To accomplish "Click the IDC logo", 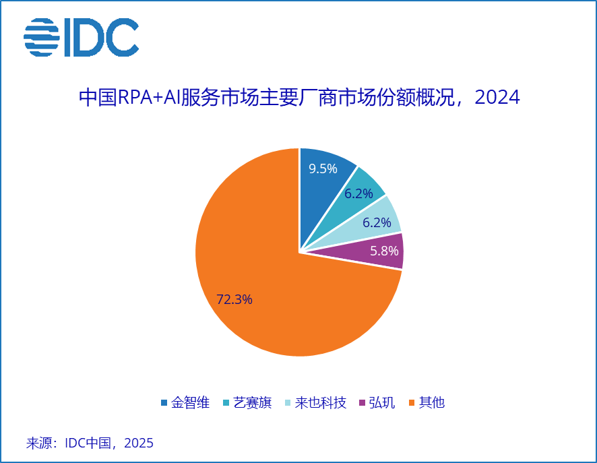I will [81, 37].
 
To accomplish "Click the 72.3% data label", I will [234, 300].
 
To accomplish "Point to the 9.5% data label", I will [323, 168].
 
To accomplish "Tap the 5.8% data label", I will [385, 251].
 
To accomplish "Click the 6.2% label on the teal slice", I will [359, 193].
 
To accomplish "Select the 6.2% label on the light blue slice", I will [377, 222].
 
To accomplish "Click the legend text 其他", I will [432, 403].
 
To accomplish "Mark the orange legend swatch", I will [412, 403].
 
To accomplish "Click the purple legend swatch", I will [363, 403].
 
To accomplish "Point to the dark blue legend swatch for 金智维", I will [164, 403].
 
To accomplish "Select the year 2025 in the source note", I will [139, 443].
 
